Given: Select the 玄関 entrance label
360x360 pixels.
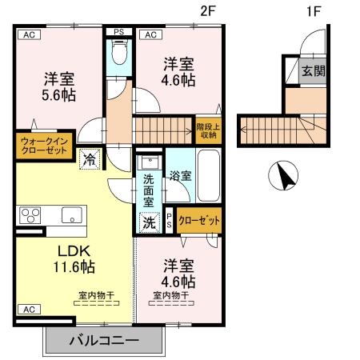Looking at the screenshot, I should click(313, 70).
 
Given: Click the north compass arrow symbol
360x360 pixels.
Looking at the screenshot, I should click(282, 176).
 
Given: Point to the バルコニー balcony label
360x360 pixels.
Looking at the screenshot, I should click(102, 340).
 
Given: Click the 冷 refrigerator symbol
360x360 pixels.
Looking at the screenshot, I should click(90, 158).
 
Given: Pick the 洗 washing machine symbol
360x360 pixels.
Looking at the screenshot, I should click(149, 222).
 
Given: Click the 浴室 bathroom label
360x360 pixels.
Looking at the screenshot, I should click(179, 175).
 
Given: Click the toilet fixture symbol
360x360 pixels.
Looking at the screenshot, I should click(118, 54).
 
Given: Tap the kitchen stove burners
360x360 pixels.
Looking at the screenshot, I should click(30, 214).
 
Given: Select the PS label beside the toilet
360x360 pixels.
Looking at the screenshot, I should click(119, 33).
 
